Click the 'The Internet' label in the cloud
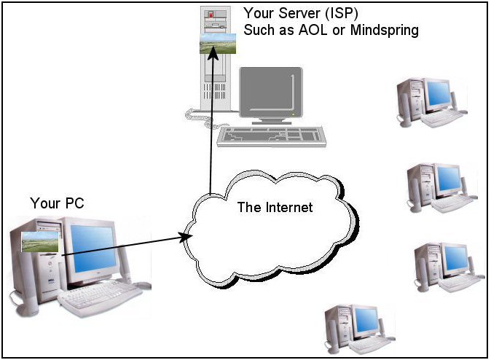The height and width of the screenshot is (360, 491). pos(275,208)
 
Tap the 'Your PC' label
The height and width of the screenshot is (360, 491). pos(57,203)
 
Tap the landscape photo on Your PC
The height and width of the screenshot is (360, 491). pos(39,243)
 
